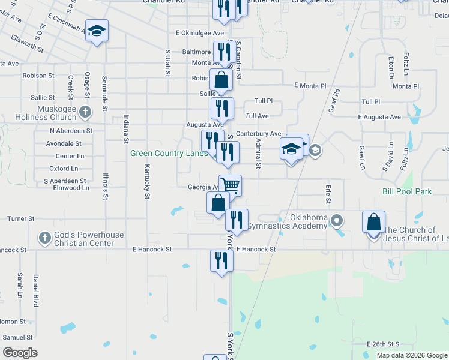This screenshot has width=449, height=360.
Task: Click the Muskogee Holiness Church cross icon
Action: click(x=85, y=112)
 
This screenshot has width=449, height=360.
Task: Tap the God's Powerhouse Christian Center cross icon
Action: click(x=44, y=238)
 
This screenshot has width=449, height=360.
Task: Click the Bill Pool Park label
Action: click(x=407, y=192)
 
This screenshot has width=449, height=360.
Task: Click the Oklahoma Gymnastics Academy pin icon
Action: click(x=337, y=221)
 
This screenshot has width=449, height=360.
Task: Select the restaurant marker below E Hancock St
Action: click(x=221, y=260)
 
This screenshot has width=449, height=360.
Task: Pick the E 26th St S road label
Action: click(x=383, y=344)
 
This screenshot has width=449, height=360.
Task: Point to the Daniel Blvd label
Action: click(x=36, y=290)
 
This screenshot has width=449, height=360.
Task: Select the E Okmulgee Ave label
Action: click(x=200, y=33)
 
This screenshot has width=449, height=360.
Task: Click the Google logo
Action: click(x=20, y=353)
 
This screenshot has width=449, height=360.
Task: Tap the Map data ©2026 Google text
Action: click(x=412, y=355)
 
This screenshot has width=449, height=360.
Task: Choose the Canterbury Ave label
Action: click(x=258, y=133)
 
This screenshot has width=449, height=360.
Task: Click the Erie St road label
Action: click(x=328, y=193)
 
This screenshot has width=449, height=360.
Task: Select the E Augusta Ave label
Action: click(x=379, y=117)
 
